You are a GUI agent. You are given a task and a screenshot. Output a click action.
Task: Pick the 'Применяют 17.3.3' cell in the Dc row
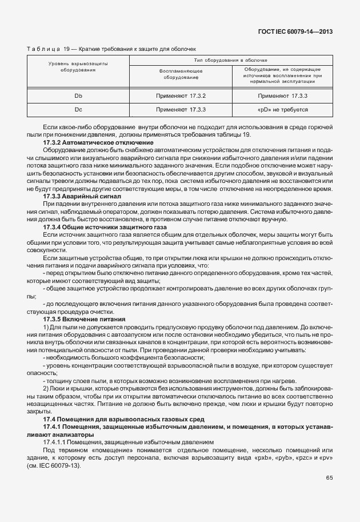(181, 108)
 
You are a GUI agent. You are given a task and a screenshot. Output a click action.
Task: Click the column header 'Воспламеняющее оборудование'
(181, 74)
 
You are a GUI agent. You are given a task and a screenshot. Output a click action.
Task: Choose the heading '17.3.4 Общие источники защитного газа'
(105, 227)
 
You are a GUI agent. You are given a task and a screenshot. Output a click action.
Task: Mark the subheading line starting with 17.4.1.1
(129, 441)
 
